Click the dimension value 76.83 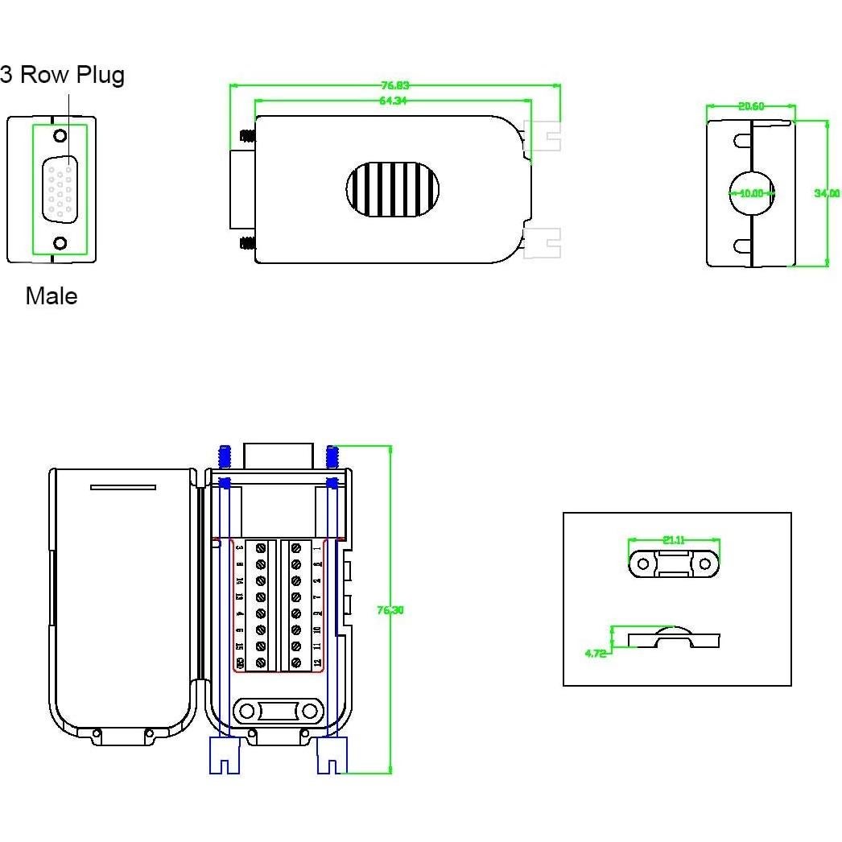pos(394,85)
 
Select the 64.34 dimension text pos(393,101)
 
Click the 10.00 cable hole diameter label pos(752,193)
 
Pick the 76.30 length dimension pos(390,610)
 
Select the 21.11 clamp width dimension pos(674,540)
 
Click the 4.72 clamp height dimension pos(595,653)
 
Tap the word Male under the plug pos(52,296)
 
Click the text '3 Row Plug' pos(63,75)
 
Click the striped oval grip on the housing pos(393,190)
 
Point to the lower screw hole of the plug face pos(60,243)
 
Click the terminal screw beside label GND pos(261,662)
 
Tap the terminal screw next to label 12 pos(295,662)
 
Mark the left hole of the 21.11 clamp pos(643,564)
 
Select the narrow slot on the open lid pos(123,487)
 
